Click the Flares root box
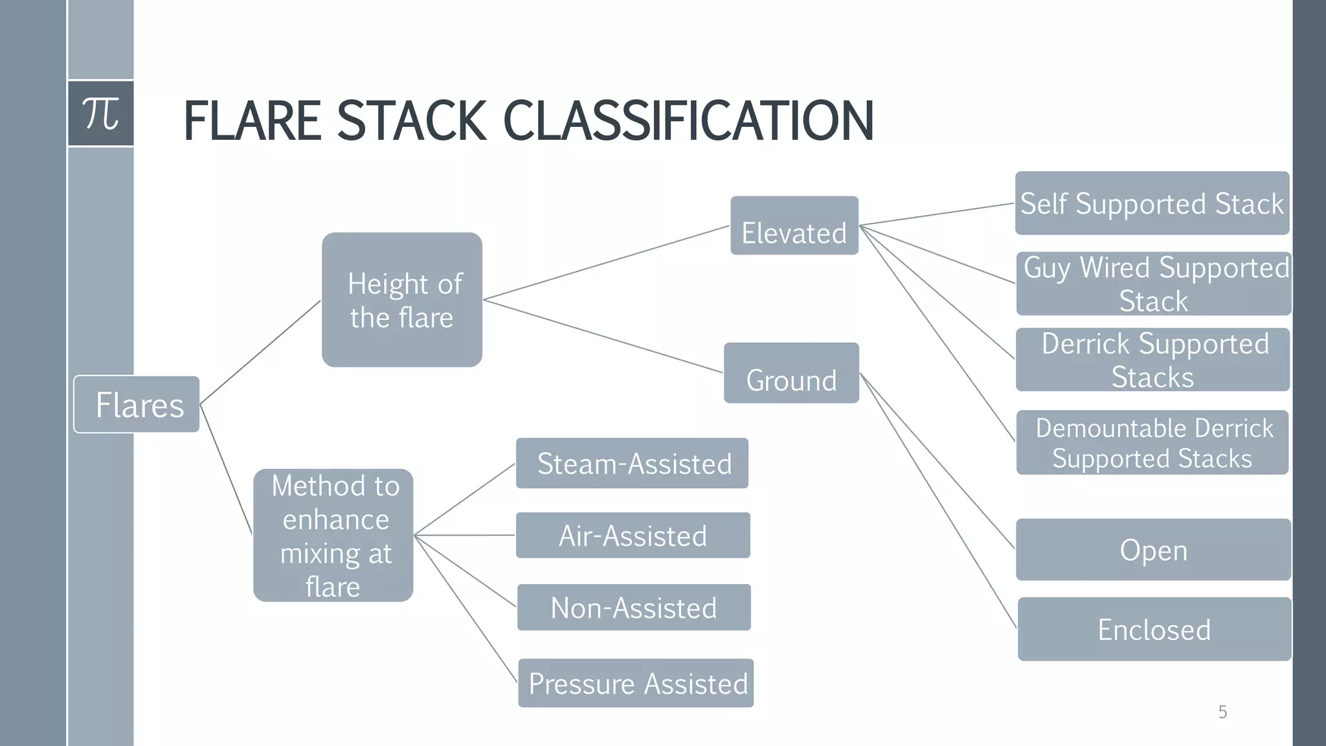(137, 404)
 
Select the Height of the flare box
(402, 300)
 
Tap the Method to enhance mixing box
(333, 536)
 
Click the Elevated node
(794, 226)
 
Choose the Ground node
(791, 373)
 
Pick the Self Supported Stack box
(1152, 203)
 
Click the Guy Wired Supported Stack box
(1154, 284)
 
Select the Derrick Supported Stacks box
(1152, 360)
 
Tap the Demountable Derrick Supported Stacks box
(1152, 442)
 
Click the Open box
(1153, 550)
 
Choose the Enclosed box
(1154, 629)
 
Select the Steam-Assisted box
(633, 464)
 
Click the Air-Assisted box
(633, 536)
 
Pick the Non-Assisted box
(634, 607)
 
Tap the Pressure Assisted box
(636, 683)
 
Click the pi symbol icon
(101, 114)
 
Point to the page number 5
(1222, 712)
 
